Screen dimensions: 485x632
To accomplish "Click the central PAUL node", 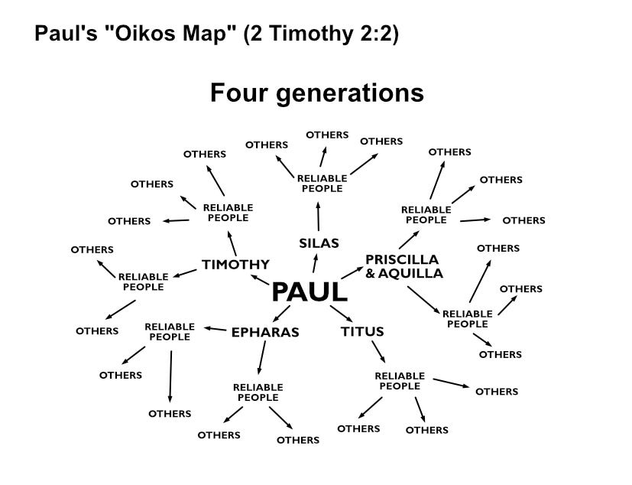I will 310,291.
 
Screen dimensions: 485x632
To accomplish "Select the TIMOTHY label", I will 235,265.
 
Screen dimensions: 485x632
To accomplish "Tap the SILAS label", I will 318,243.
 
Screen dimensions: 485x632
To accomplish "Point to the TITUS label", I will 361,331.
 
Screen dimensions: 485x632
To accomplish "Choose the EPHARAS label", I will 264,332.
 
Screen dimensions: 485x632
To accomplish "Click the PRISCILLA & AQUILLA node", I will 404,266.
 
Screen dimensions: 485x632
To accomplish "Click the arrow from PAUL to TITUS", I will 340,314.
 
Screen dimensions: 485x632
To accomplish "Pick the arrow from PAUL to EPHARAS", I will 281,313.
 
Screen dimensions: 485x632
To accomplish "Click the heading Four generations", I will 316,93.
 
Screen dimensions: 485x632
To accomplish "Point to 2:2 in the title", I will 376,34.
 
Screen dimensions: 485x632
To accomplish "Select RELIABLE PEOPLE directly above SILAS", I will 322,184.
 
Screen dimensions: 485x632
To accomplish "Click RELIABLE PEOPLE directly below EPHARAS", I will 258,392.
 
